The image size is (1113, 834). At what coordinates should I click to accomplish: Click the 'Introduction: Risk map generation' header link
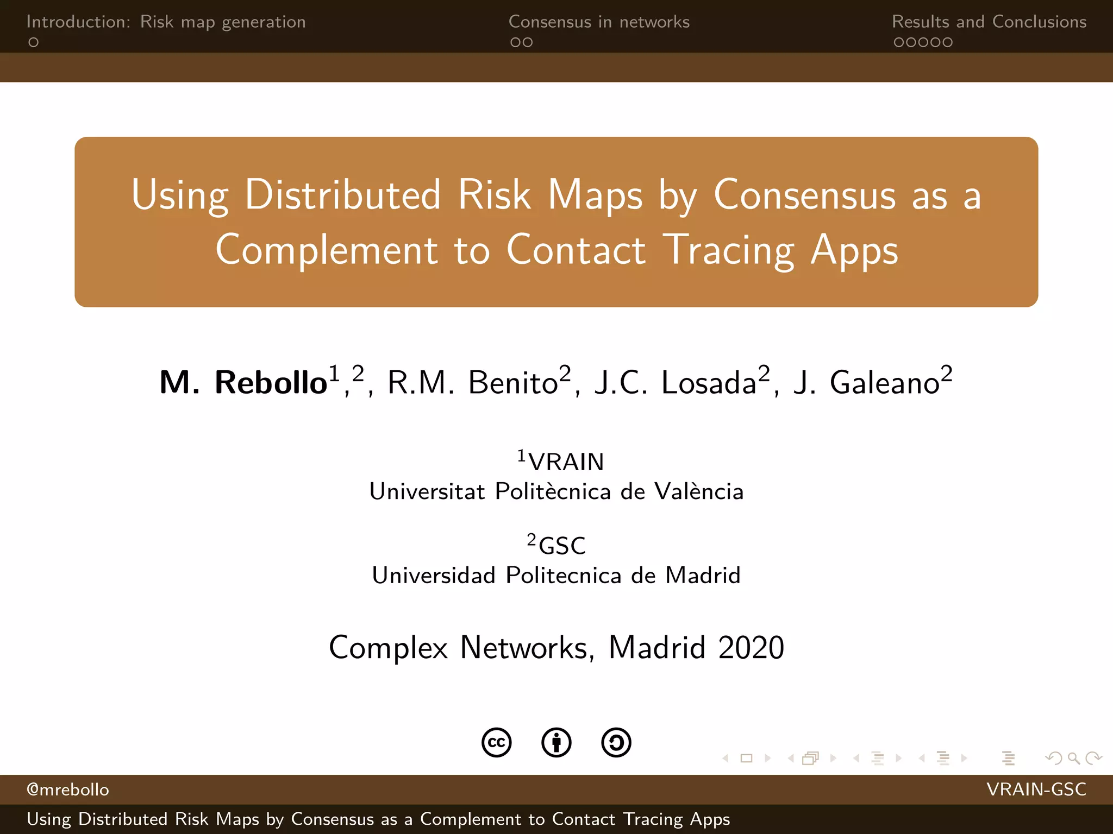coord(166,22)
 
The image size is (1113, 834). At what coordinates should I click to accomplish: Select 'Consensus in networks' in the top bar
coord(599,22)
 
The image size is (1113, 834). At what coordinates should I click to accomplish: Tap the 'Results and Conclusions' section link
coord(989,22)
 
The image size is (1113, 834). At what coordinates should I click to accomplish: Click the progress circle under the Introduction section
coord(34,42)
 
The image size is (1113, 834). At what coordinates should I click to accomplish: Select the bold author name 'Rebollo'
coord(271,382)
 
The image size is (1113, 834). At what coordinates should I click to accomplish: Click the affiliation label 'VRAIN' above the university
coord(566,462)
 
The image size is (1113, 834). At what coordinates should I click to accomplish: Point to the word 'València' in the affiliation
coord(699,491)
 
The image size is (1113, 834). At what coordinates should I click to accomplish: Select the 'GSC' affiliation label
coord(562,546)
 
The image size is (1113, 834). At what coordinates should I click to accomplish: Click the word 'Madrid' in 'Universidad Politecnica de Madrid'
coord(703,575)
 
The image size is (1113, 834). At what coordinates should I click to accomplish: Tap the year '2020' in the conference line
coord(751,647)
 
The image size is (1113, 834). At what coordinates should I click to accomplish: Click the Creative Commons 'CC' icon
coord(497,742)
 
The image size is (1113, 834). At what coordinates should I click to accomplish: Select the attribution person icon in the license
coord(556,742)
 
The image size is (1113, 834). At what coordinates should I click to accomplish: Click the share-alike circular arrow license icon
coord(616,742)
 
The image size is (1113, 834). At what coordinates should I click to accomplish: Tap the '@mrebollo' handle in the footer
coord(68,789)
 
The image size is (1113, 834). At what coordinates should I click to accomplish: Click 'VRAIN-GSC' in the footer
coord(1036,789)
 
